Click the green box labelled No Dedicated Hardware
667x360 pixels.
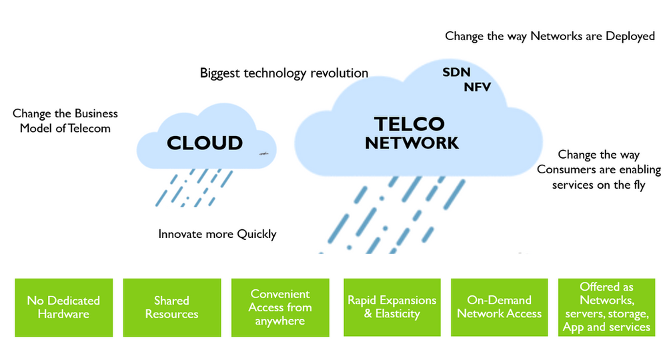[x=63, y=307]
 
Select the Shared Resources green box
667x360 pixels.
[x=171, y=307]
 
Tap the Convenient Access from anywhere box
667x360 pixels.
[x=280, y=307]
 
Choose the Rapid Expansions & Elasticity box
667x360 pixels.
[x=392, y=307]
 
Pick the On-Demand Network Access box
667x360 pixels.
[x=500, y=307]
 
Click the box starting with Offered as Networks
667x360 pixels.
[x=606, y=307]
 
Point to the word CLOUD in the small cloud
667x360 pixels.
[x=205, y=143]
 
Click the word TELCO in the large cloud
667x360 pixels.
[x=409, y=124]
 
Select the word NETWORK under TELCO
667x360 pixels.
[x=412, y=143]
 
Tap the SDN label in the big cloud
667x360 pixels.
[x=456, y=72]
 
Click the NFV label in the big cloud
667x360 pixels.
[x=478, y=87]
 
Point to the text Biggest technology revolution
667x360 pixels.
[x=284, y=73]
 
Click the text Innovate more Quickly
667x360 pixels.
[x=217, y=234]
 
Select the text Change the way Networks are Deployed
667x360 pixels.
[x=550, y=36]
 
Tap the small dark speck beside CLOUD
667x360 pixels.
[x=263, y=153]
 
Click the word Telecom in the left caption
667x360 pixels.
[x=88, y=128]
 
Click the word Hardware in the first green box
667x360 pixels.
[x=63, y=314]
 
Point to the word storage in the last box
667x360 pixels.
[x=628, y=314]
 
